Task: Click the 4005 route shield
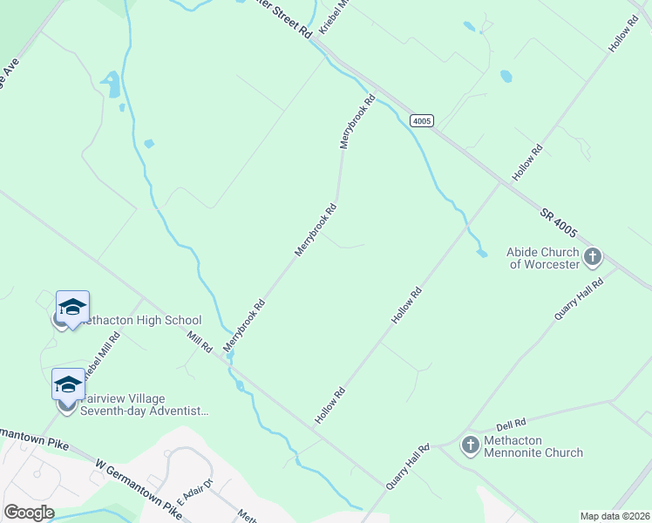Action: [x=422, y=120]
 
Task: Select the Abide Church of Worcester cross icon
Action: [x=593, y=257]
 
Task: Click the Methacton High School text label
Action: [x=139, y=321]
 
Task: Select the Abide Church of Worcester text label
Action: [x=543, y=258]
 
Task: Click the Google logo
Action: [x=29, y=513]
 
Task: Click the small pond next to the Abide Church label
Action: [x=482, y=254]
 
